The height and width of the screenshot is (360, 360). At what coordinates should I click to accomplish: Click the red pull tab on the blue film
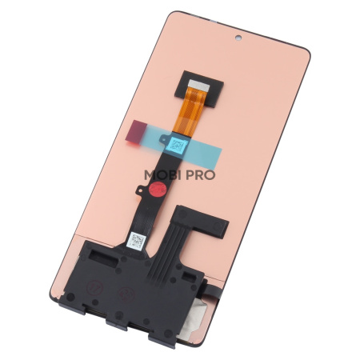tap(137, 129)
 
